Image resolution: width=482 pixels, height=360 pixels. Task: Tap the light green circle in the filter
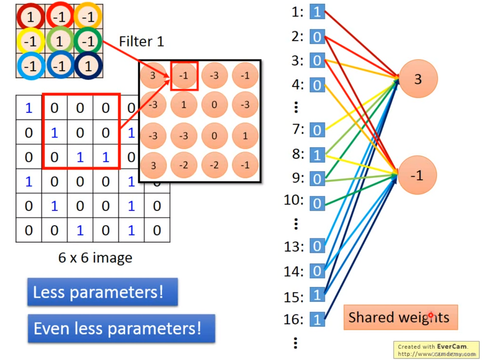(x=59, y=41)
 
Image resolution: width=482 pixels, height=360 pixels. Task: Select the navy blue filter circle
(x=88, y=66)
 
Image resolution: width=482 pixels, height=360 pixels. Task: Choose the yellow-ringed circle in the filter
(x=30, y=41)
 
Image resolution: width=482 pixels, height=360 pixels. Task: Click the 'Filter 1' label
(x=141, y=42)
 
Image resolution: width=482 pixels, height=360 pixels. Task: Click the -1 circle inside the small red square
(x=185, y=76)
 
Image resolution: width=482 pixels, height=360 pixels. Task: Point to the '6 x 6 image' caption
(x=95, y=257)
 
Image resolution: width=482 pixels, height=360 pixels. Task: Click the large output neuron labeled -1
(x=417, y=175)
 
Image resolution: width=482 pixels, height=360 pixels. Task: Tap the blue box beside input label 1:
(x=317, y=12)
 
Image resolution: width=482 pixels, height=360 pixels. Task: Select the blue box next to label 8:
(x=317, y=155)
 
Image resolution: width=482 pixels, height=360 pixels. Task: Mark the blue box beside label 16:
(x=317, y=320)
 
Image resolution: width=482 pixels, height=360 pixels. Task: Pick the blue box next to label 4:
(x=317, y=85)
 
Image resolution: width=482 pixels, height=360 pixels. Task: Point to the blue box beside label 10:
(x=317, y=203)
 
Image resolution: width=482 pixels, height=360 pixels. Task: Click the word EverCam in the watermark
(x=452, y=346)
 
